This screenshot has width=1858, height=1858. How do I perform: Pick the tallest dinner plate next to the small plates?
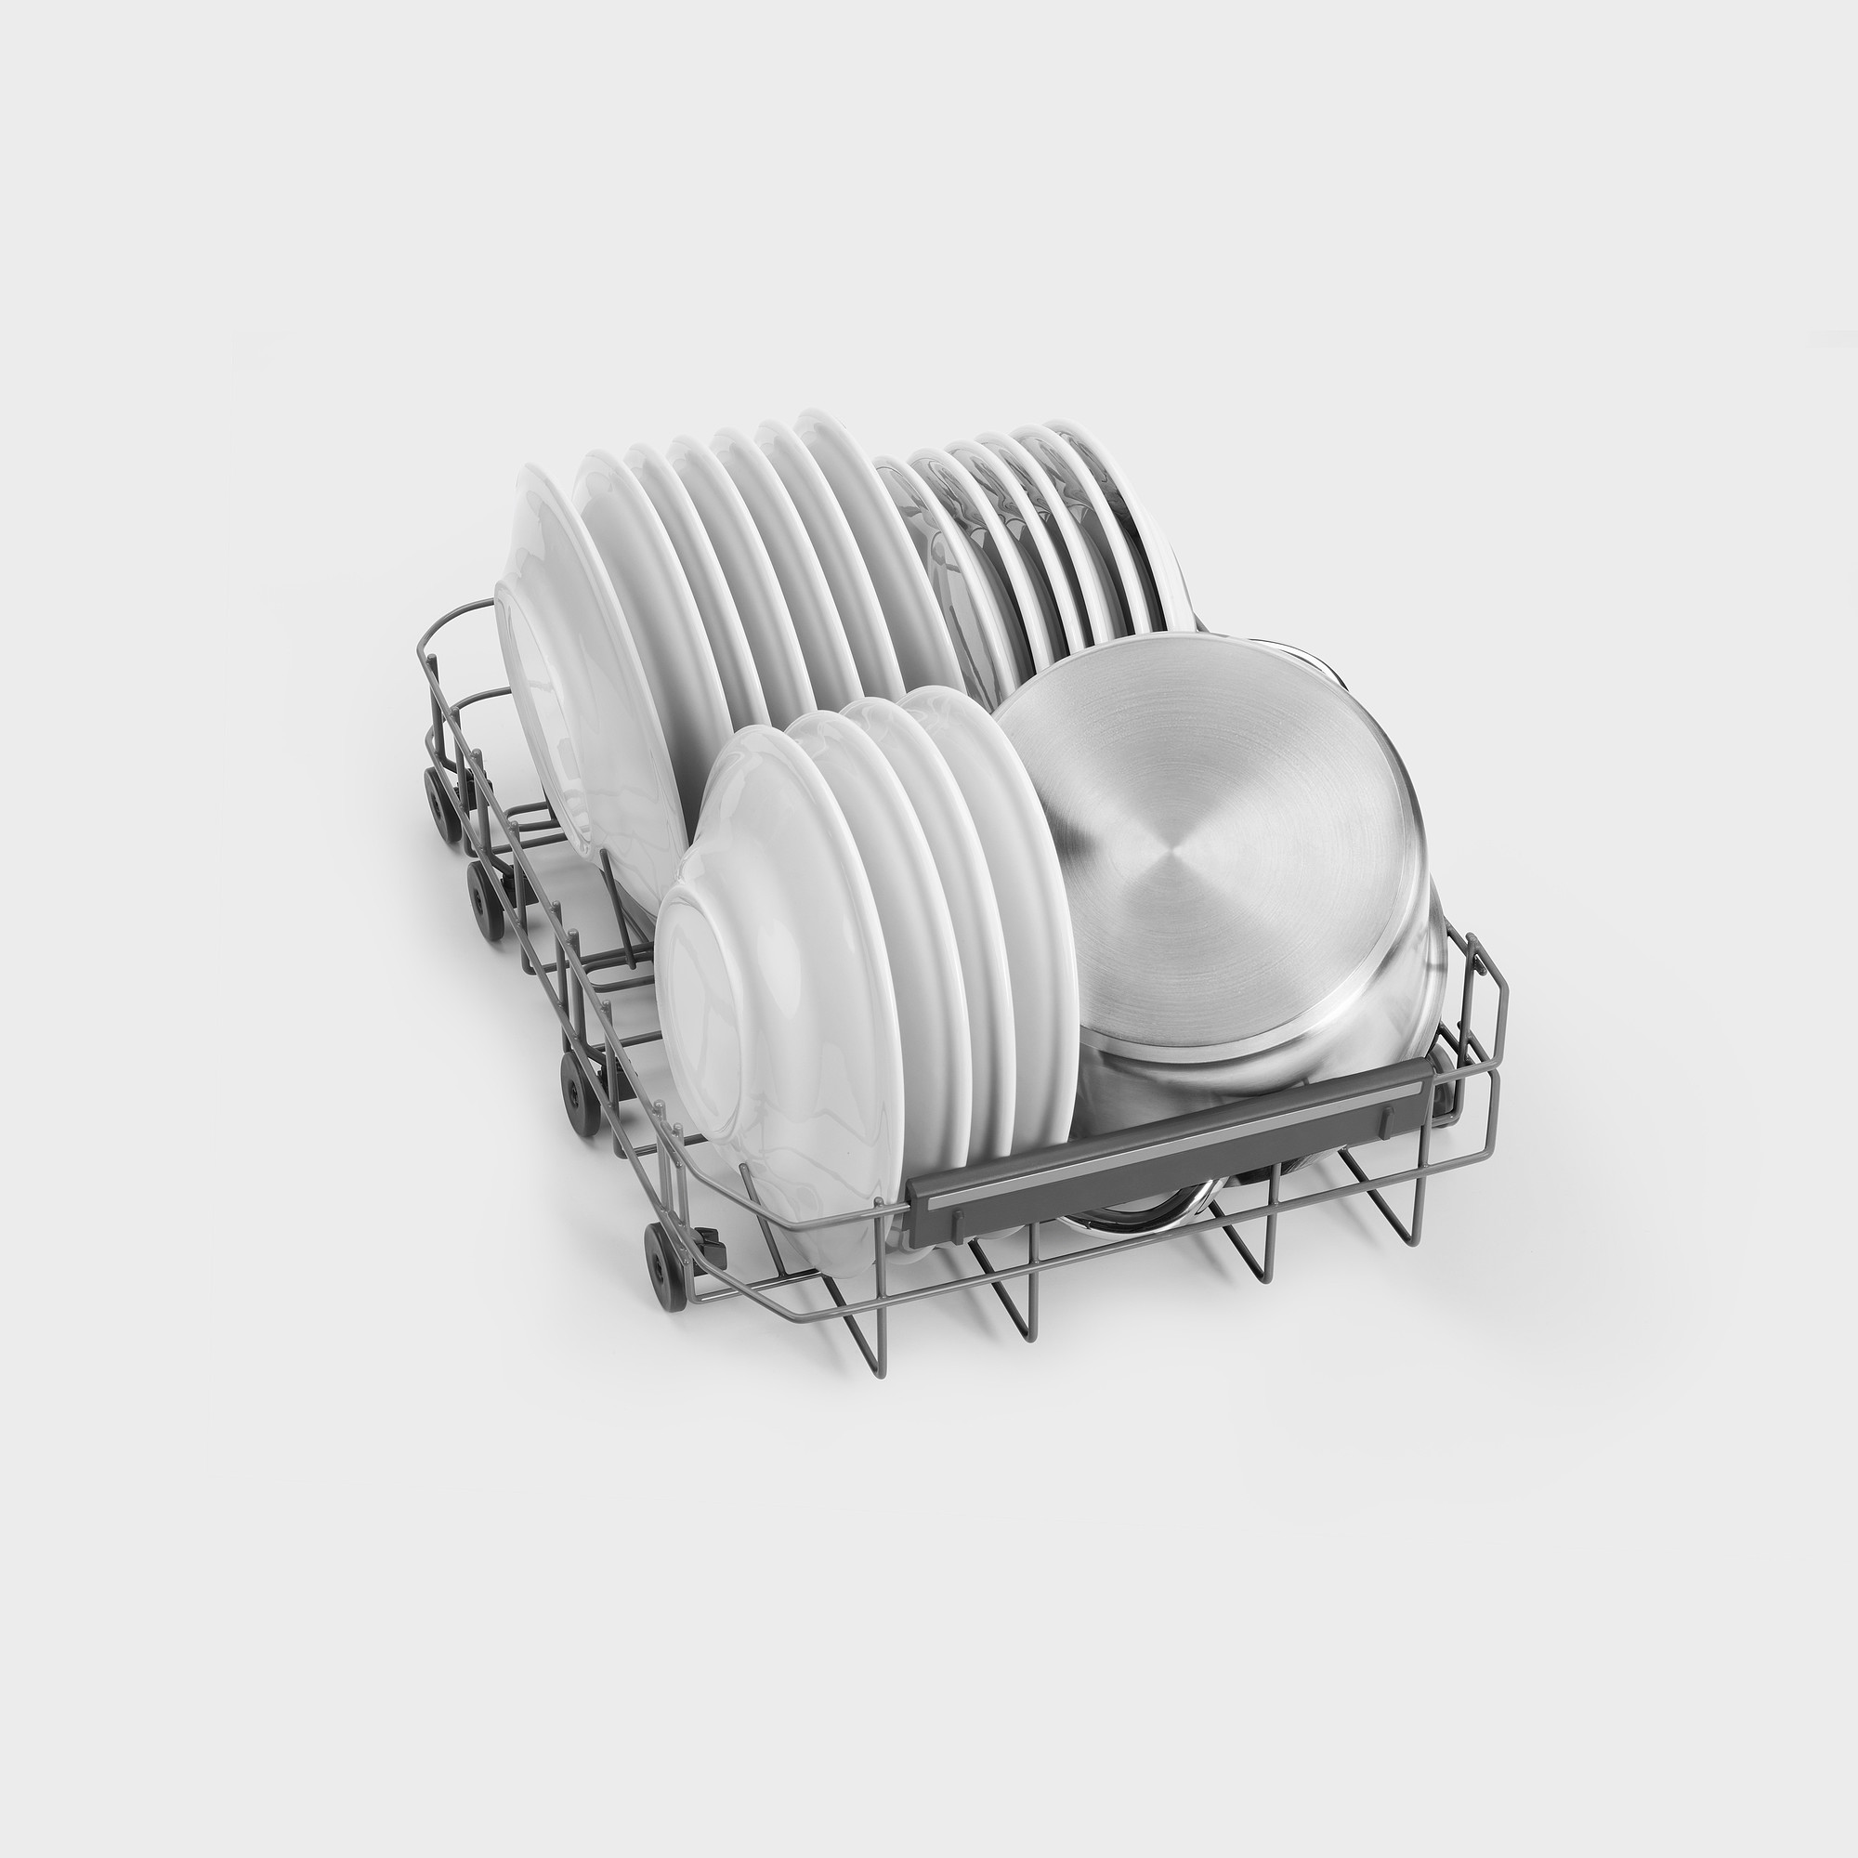click(846, 539)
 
